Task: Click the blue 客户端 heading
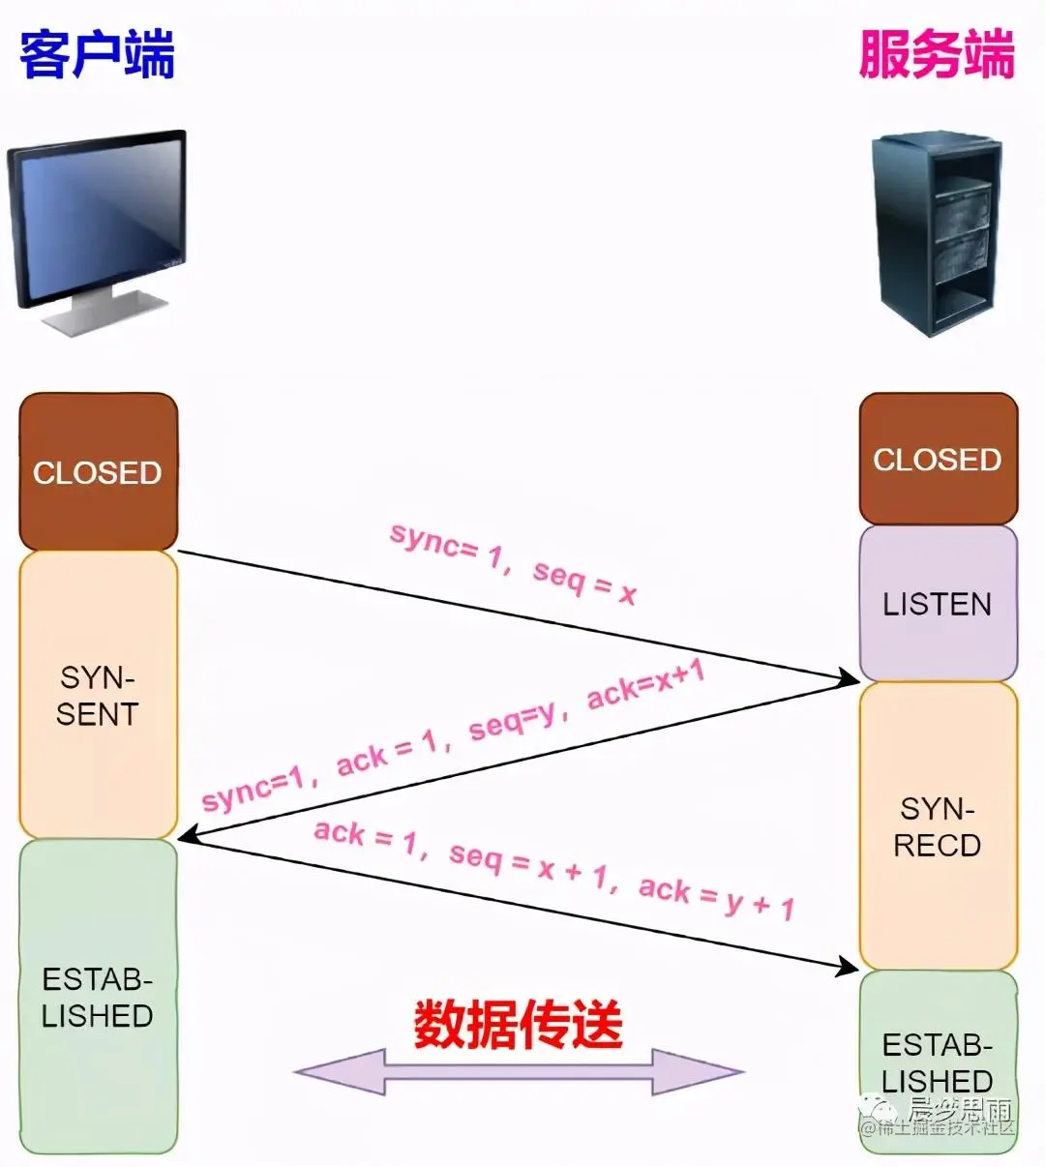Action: click(97, 54)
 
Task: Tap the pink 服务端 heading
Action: click(936, 54)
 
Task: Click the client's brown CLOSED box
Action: click(98, 472)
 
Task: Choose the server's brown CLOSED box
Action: click(938, 459)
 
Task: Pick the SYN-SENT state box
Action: click(98, 695)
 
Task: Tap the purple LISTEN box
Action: click(938, 604)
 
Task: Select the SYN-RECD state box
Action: click(938, 826)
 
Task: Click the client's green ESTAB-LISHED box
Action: click(98, 997)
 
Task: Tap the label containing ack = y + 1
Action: click(553, 868)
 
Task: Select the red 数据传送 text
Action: click(519, 1024)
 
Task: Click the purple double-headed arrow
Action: click(519, 1072)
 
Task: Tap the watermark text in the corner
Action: click(939, 1119)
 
